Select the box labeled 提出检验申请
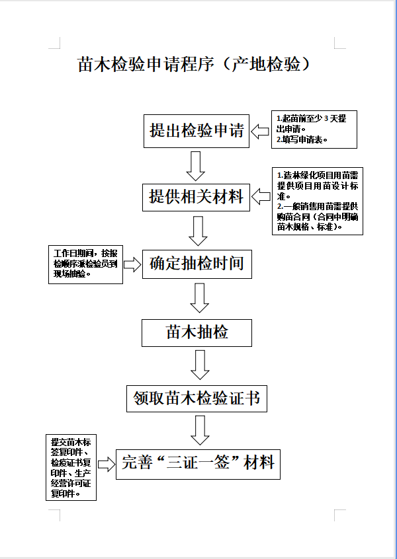(197, 131)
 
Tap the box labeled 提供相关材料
(197, 197)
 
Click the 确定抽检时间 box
(197, 264)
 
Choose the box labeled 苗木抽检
(197, 332)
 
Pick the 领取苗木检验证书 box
(197, 399)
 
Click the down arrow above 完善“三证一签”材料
(200, 430)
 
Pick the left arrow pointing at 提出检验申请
(259, 130)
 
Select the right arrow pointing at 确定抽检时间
(132, 265)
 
